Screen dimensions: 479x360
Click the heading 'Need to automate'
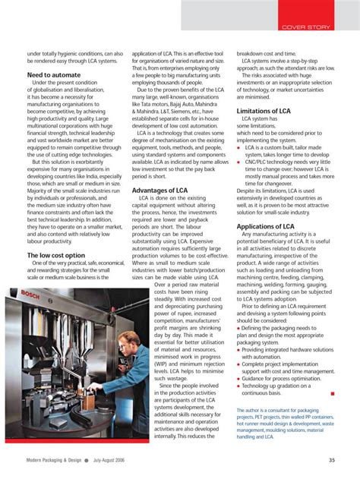(54, 76)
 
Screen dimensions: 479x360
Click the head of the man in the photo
(130, 339)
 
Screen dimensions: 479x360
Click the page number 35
(332, 459)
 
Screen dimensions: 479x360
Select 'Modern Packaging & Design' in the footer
(52, 459)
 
